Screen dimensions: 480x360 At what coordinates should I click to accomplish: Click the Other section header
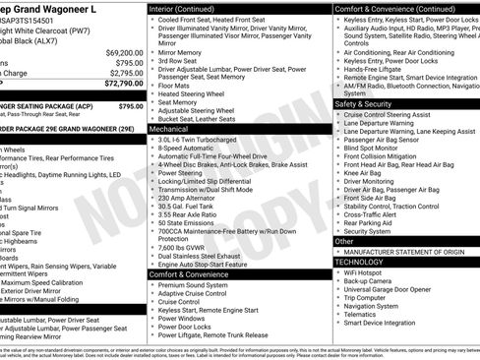point(345,241)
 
